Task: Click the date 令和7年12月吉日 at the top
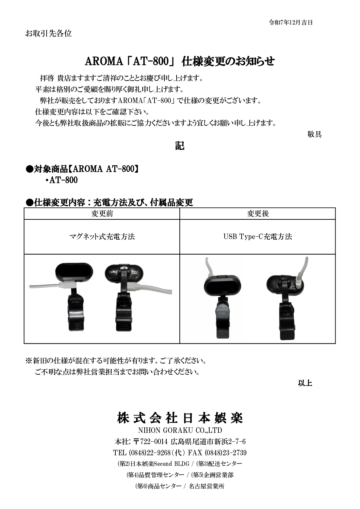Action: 291,22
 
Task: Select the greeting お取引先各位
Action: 48,33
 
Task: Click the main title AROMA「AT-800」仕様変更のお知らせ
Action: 180,61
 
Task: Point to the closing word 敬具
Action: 314,134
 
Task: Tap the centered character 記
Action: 180,146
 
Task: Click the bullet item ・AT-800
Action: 61,180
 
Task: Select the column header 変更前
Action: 102,214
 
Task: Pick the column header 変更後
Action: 258,214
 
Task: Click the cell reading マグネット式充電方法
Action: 102,237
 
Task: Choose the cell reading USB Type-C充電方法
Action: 258,237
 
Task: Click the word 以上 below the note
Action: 305,383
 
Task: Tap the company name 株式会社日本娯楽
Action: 180,418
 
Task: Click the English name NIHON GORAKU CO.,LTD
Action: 180,430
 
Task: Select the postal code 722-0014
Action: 154,442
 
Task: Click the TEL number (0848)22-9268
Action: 150,453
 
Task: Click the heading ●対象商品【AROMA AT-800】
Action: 82,169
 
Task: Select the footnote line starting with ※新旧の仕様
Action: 116,361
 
